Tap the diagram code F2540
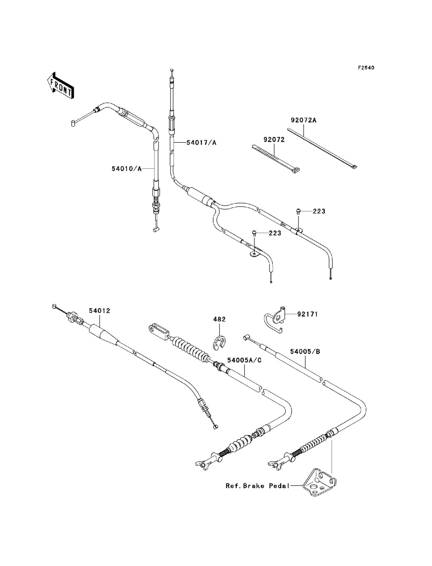[x=366, y=68]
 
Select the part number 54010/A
[x=127, y=169]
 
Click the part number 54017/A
[x=201, y=142]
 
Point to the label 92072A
[x=304, y=120]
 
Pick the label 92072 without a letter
[x=274, y=140]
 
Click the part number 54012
[x=100, y=311]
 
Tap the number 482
[x=219, y=319]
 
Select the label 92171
[x=308, y=314]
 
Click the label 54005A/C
[x=244, y=360]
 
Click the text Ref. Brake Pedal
[x=257, y=486]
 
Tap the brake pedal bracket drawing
[x=319, y=482]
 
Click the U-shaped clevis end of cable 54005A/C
[x=159, y=331]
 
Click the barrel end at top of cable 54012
[x=54, y=306]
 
